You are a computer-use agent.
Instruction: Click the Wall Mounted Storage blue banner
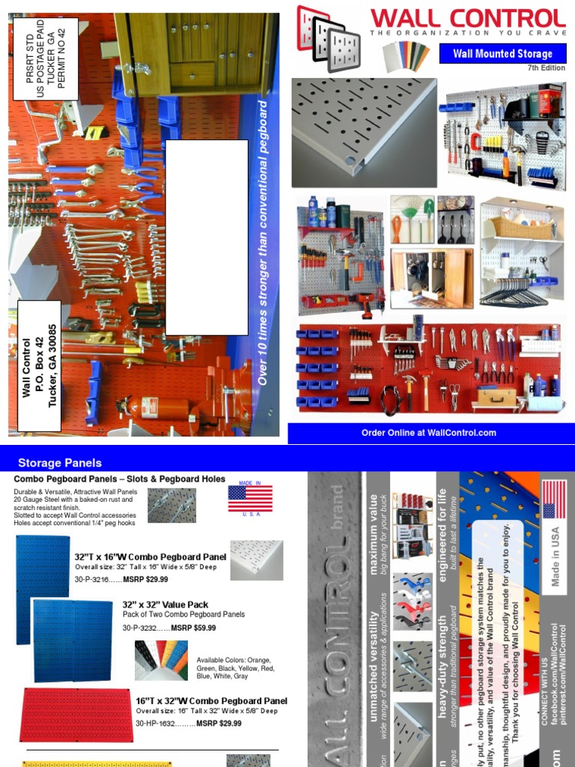pyautogui.click(x=502, y=54)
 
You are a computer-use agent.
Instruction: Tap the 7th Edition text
pyautogui.click(x=547, y=68)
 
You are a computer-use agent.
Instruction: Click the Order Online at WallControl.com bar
pyautogui.click(x=428, y=433)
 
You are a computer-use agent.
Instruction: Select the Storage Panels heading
pyautogui.click(x=60, y=463)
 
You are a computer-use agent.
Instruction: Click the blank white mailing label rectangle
pyautogui.click(x=207, y=237)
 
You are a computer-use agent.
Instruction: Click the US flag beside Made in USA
pyautogui.click(x=554, y=500)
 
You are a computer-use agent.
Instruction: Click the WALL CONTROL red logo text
pyautogui.click(x=467, y=19)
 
